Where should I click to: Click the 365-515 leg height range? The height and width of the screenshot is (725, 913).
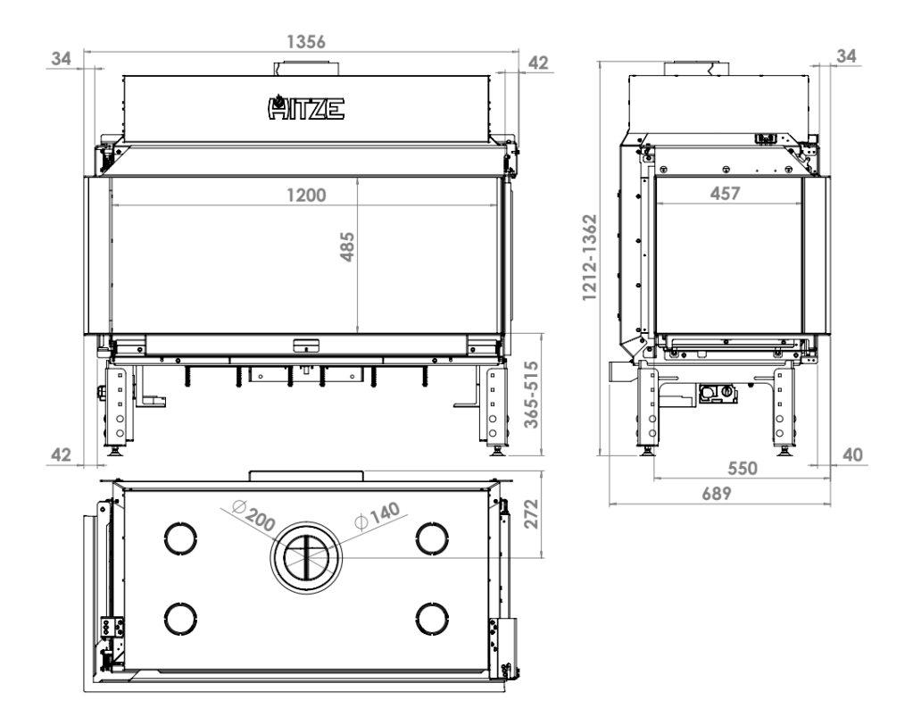pos(532,396)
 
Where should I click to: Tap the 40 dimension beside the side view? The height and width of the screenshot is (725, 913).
pos(853,454)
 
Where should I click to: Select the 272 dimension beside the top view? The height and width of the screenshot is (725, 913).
pos(531,515)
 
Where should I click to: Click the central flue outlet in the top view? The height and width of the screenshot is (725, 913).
pos(306,557)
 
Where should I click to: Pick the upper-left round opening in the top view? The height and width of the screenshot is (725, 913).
pos(180,536)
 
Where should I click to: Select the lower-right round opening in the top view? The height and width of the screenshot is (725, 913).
pos(431,617)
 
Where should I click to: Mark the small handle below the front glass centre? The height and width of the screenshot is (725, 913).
pos(305,343)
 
